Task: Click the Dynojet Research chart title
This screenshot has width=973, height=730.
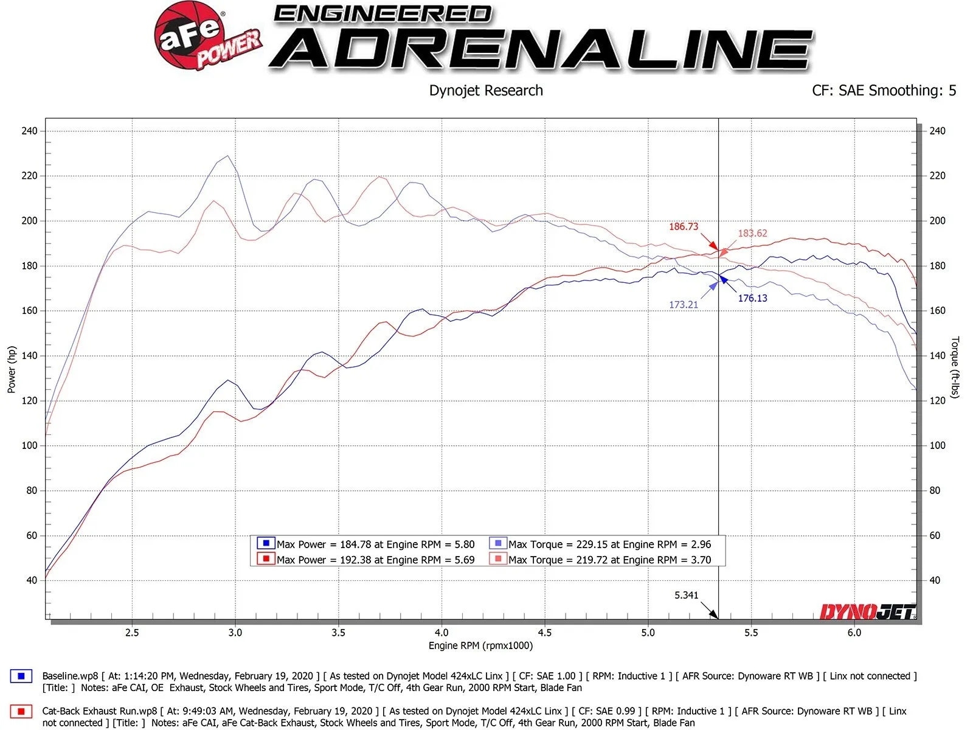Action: tap(485, 91)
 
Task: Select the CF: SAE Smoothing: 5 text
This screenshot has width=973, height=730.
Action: tap(884, 91)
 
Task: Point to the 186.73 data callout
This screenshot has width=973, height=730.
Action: tap(684, 227)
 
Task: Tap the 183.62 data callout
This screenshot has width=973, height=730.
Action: tap(752, 234)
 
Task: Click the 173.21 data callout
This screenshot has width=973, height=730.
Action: tap(684, 305)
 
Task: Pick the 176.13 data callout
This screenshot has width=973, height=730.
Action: tap(752, 298)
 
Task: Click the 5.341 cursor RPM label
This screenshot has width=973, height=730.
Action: tap(686, 595)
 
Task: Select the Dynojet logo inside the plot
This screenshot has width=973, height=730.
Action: tap(867, 611)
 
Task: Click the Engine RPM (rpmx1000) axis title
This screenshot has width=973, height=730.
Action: tap(480, 645)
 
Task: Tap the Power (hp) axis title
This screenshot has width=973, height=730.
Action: tap(12, 369)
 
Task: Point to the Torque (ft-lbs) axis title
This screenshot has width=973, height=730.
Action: tap(955, 367)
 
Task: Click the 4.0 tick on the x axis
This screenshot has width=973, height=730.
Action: tap(441, 633)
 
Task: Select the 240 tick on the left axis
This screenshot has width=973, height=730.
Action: tap(29, 131)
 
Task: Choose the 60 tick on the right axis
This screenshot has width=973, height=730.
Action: tap(935, 535)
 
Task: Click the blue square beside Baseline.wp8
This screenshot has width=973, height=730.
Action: tap(21, 676)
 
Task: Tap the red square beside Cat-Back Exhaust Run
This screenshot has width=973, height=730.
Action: tap(21, 711)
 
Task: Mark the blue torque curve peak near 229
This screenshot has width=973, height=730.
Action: tap(228, 156)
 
